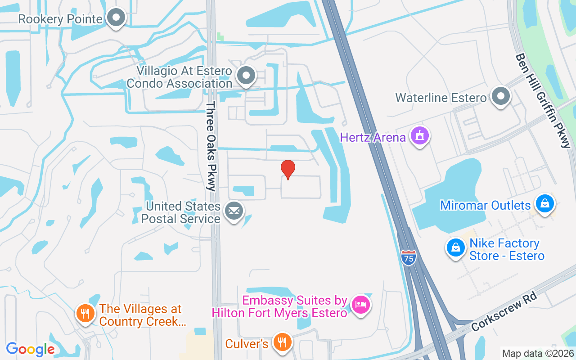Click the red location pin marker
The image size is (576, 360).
click(288, 169)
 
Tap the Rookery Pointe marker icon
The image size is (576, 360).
click(117, 18)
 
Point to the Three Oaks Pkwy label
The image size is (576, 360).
click(211, 146)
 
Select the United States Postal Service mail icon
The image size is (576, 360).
click(234, 211)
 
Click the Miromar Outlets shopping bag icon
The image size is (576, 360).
click(544, 203)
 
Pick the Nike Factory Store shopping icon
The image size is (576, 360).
click(456, 248)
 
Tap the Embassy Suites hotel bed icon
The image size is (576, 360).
click(360, 305)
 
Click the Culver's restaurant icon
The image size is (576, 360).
click(282, 342)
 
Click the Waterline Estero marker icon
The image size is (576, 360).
click(500, 96)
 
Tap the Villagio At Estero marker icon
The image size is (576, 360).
click(246, 76)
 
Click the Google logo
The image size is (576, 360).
click(31, 349)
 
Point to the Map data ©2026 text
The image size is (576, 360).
click(537, 354)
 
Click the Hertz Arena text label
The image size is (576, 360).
click(373, 137)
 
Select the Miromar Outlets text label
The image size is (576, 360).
click(486, 205)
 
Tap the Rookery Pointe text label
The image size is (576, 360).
click(60, 19)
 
